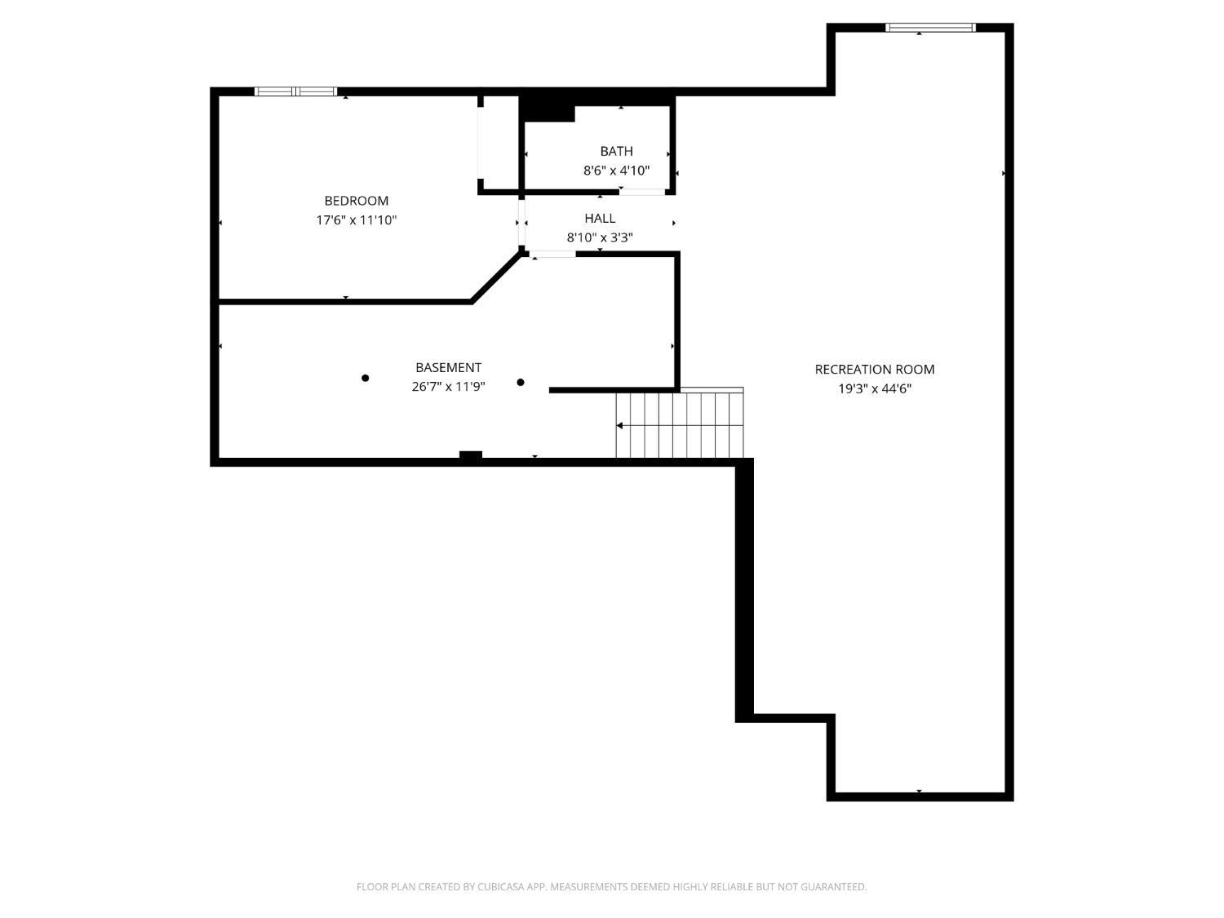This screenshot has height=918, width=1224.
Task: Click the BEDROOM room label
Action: coord(356,201)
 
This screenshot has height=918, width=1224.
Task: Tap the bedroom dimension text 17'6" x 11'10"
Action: coord(356,220)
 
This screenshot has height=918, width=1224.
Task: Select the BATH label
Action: coord(616,151)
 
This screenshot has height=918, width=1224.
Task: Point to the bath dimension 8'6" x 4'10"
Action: coord(616,171)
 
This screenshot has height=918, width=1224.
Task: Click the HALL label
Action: coord(600,219)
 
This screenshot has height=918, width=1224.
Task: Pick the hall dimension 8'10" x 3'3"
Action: coord(600,238)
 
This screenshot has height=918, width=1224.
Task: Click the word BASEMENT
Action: coord(448,368)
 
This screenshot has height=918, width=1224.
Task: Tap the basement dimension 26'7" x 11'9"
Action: coord(448,387)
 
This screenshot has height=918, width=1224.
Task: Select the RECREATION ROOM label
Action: coord(874,370)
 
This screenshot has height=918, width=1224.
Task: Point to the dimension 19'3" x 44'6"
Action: coord(874,389)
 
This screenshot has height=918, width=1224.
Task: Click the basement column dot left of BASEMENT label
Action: coord(366,378)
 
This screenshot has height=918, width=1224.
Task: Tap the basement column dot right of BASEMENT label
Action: coord(521,382)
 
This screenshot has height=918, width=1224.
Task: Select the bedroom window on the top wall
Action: coord(295,91)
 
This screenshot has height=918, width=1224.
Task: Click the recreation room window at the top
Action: coord(930,28)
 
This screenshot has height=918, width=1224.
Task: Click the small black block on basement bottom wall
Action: coord(471,455)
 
